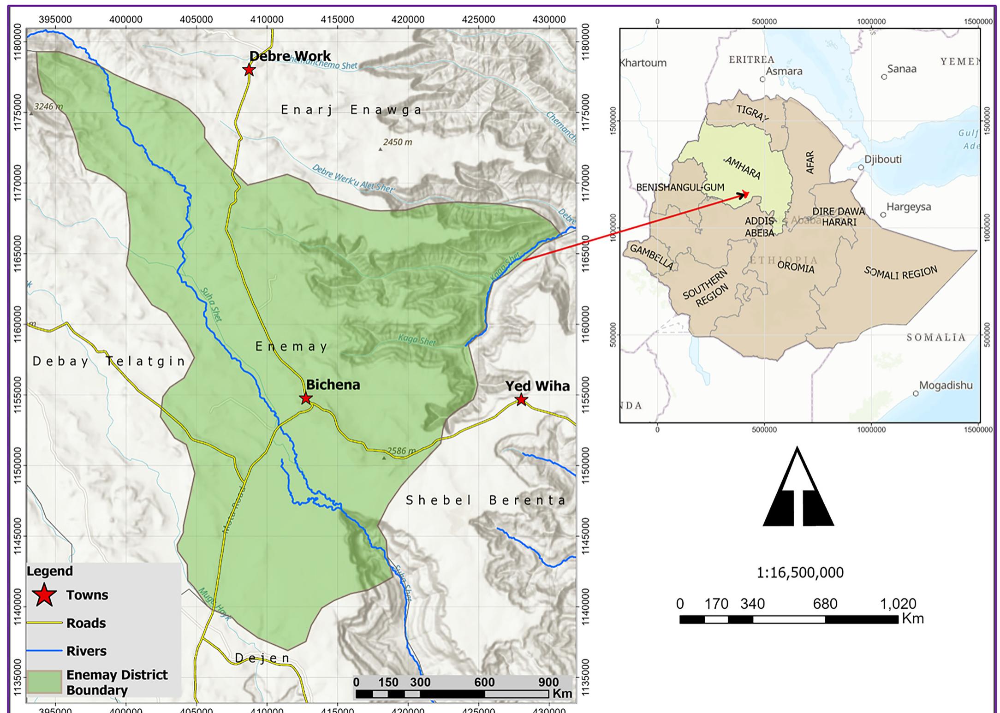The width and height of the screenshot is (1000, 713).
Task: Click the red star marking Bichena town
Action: (x=306, y=398)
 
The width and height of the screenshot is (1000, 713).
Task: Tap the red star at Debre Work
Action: (x=249, y=70)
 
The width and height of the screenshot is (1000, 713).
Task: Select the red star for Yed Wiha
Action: (x=521, y=399)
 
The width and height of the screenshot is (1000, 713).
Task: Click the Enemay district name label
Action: (x=292, y=346)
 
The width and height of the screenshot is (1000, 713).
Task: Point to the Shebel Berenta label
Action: (x=486, y=500)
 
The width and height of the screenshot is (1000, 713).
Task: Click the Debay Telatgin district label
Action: (x=109, y=361)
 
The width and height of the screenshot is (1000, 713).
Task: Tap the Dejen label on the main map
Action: (x=262, y=658)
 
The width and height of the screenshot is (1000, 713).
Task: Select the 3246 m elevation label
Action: (x=48, y=107)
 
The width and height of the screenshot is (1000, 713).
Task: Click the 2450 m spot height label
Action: (x=397, y=142)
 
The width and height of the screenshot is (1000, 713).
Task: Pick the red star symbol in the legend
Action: (x=44, y=595)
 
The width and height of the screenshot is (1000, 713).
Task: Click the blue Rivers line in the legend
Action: (x=44, y=651)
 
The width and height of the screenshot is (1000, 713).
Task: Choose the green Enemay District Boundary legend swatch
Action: (x=44, y=682)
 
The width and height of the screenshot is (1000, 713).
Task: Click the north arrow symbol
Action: (x=798, y=489)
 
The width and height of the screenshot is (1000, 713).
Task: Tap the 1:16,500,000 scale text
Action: (x=800, y=573)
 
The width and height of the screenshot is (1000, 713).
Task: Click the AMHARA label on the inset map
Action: (x=743, y=168)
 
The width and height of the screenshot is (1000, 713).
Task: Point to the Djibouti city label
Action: (x=882, y=160)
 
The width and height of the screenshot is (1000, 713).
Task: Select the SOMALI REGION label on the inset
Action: (x=900, y=273)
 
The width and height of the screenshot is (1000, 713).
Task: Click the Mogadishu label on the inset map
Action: (x=945, y=385)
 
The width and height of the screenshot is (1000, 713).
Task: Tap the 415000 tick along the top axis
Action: (x=337, y=19)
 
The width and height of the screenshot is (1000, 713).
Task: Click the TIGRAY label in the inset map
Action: (x=752, y=113)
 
